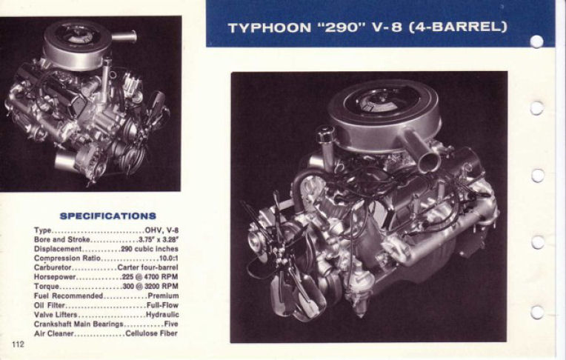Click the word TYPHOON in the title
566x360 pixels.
click(269, 28)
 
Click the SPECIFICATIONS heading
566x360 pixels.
click(107, 216)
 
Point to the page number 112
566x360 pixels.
click(18, 344)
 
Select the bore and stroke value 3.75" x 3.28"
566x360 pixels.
click(158, 240)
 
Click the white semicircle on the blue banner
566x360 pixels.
click(536, 41)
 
